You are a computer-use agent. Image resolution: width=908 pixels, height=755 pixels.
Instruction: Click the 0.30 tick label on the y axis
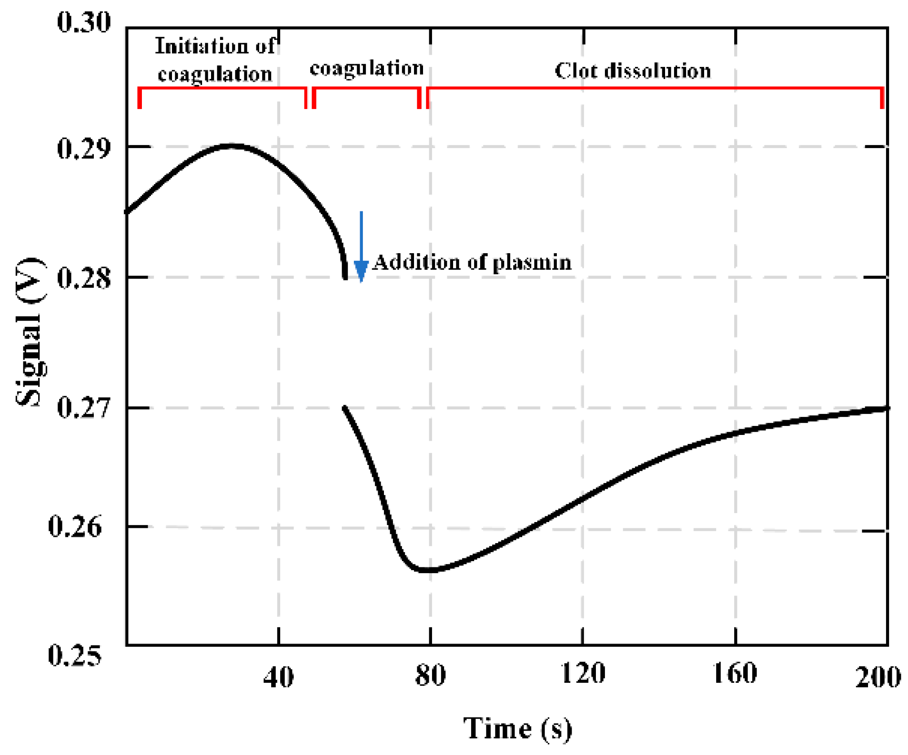[x=84, y=22]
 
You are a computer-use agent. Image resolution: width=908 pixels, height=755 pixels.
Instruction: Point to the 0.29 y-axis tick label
[x=84, y=149]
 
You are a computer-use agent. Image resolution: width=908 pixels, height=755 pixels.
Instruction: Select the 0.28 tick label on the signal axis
[x=84, y=278]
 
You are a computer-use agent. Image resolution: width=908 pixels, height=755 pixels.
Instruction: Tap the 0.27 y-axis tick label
[x=84, y=408]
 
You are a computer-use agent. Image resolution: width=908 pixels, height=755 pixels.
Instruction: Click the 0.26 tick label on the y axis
[x=75, y=526]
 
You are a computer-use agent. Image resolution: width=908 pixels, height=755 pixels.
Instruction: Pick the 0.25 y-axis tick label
[x=75, y=655]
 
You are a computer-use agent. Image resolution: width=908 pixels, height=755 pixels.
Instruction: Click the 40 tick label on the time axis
[x=278, y=677]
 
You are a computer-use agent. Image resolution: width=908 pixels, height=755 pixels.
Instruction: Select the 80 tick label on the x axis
[x=430, y=675]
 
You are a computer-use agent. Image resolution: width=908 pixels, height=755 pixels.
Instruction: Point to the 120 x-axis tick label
[x=582, y=673]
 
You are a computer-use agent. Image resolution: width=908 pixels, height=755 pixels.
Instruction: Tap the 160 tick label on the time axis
[x=735, y=673]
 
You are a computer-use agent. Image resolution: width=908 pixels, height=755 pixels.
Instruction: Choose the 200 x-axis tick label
[x=877, y=677]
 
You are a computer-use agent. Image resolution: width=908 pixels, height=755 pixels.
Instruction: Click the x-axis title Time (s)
[x=517, y=728]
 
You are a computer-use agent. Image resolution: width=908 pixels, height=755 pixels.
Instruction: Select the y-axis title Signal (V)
[x=31, y=332]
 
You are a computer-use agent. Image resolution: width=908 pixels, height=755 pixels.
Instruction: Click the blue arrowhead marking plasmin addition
[x=361, y=270]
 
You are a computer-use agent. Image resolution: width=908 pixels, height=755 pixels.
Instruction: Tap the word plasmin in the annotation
[x=532, y=263]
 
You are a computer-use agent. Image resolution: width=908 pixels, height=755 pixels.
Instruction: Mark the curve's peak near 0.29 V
[x=231, y=145]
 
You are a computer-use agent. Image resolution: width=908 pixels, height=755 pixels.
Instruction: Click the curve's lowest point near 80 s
[x=427, y=571]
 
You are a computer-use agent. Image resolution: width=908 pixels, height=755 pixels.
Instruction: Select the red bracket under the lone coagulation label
[x=366, y=88]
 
